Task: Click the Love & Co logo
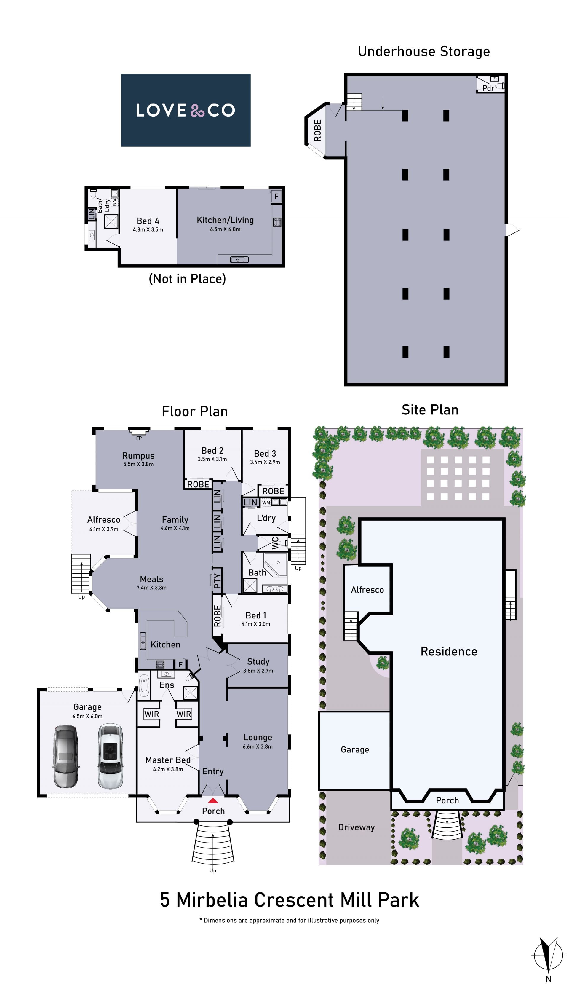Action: [x=186, y=110]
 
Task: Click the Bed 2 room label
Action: [x=212, y=450]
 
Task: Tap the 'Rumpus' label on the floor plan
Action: [x=138, y=455]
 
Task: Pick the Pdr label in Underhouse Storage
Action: [x=488, y=88]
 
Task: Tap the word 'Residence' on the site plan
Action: [x=449, y=651]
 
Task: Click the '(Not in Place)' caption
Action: [x=187, y=279]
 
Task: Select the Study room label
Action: [x=258, y=661]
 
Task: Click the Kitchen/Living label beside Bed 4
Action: [x=225, y=220]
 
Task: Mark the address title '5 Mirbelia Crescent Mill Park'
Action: [x=290, y=900]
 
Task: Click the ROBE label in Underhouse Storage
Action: [x=317, y=130]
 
